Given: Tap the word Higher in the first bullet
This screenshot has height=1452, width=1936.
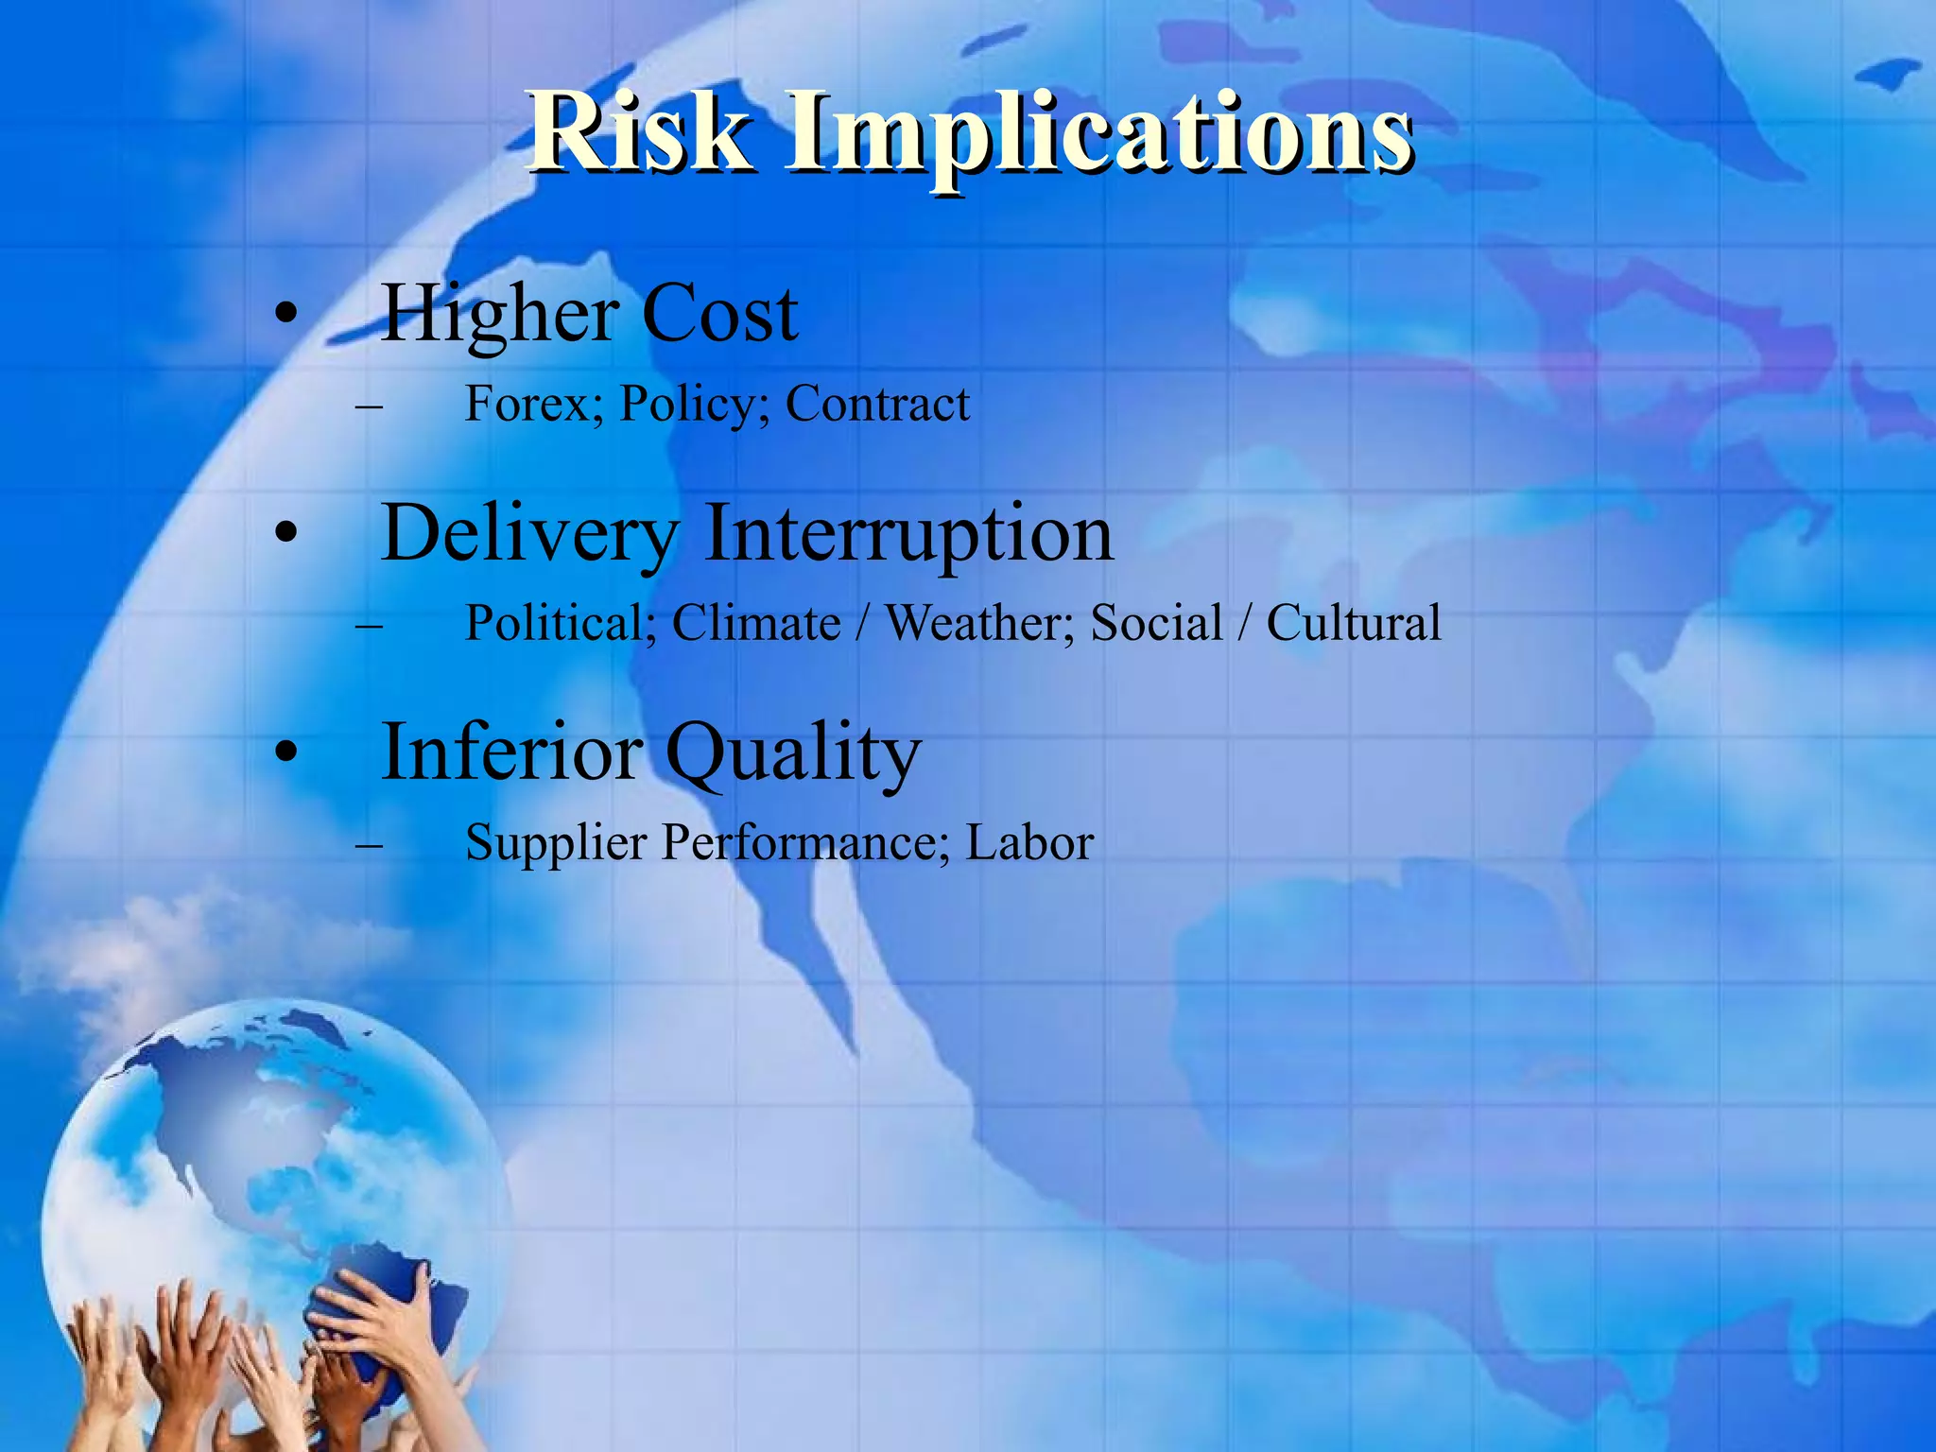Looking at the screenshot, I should pos(500,315).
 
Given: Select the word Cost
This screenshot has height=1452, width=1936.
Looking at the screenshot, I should pos(720,315).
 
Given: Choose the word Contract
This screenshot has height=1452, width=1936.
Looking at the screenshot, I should pos(877,404).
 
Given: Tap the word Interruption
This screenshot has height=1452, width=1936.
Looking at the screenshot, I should pos(908,535).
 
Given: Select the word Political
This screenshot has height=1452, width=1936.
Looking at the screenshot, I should pos(561,624).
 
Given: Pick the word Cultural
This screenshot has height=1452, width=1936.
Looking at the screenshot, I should pos(1353,624).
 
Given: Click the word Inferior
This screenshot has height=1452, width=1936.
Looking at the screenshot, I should pos(511,752).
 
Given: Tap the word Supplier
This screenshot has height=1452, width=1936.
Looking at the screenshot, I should pos(556,843).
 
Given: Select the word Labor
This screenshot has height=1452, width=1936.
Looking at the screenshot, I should pos(1029,843).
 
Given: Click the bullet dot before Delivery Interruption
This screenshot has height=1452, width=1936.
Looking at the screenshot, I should pos(286,534).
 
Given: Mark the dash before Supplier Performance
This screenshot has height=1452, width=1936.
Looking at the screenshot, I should pos(370,843).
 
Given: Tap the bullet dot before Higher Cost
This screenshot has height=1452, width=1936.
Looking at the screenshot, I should pos(286,315).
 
